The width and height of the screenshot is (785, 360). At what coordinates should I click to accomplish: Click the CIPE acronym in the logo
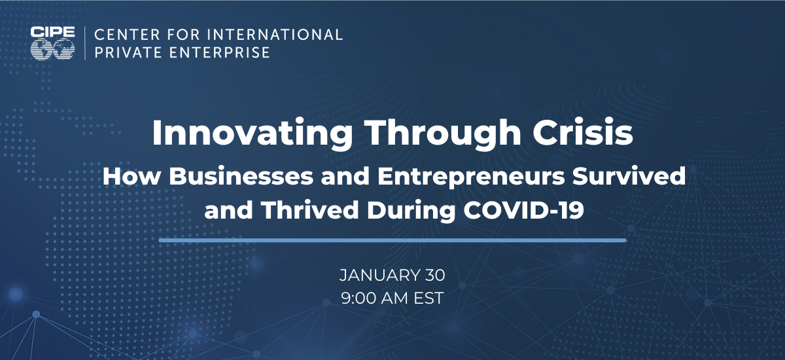[x=52, y=32]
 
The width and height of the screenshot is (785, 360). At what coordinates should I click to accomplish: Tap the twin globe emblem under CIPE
[x=52, y=50]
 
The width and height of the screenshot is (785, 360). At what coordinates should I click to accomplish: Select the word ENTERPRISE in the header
[x=220, y=52]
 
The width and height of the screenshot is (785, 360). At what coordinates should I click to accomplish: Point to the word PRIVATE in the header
[x=129, y=52]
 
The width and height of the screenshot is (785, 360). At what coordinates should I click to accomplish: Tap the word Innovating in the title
[x=253, y=134]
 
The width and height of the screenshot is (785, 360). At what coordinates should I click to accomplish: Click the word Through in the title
[x=444, y=134]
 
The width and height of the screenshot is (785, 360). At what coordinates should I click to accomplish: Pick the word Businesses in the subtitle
[x=241, y=175]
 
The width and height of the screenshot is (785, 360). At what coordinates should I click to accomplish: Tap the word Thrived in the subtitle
[x=310, y=209]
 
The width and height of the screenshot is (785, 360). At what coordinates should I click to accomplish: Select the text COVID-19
[x=523, y=209]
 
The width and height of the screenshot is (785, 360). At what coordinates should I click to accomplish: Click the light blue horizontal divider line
[x=392, y=240]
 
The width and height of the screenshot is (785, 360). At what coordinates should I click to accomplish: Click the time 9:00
[x=358, y=298]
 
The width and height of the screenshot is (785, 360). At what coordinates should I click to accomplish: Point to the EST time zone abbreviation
[x=428, y=298]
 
